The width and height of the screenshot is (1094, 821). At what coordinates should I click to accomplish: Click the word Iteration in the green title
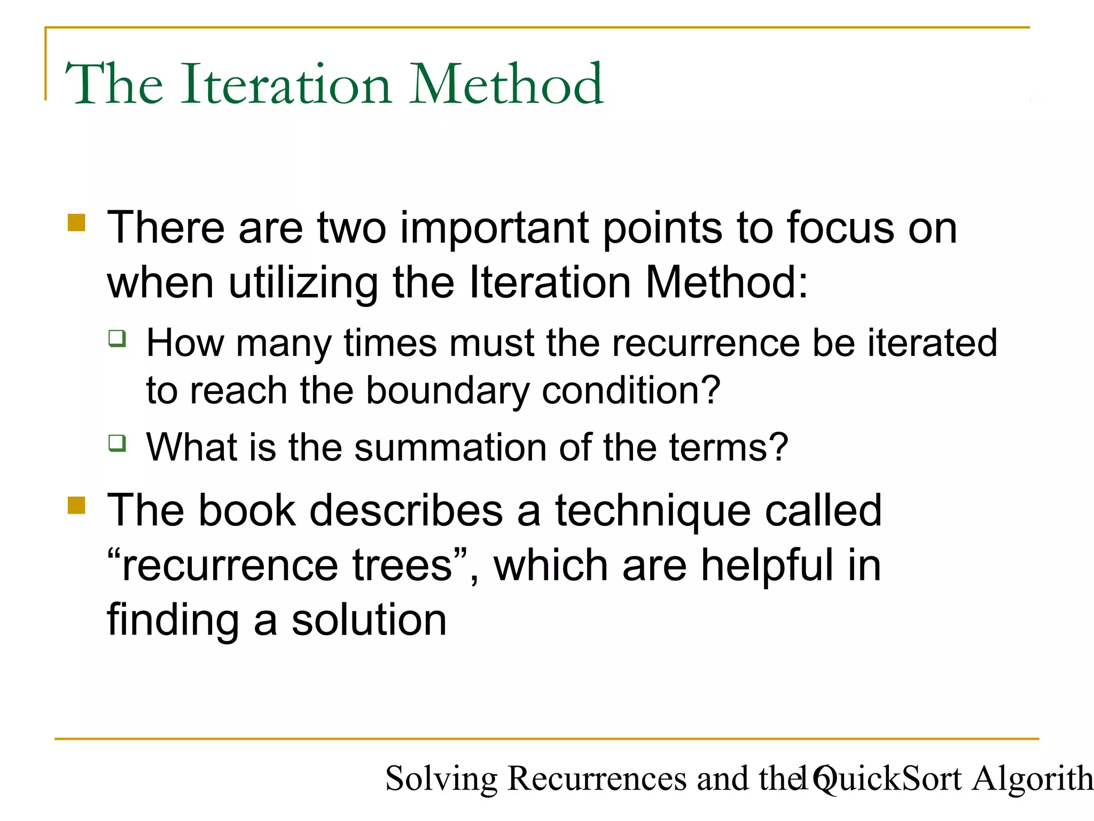(286, 84)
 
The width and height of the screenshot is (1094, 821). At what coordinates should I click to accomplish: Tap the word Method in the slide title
(506, 84)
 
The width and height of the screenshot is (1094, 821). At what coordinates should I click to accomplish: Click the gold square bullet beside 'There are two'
(77, 222)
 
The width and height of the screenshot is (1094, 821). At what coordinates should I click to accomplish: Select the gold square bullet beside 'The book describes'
(77, 505)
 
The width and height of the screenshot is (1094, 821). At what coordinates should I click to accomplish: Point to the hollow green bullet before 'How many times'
(118, 338)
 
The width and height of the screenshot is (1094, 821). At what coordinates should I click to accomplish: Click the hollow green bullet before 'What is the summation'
(118, 443)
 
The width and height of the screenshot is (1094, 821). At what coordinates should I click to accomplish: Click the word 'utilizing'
(303, 283)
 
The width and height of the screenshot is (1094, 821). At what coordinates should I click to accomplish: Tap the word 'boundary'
(447, 391)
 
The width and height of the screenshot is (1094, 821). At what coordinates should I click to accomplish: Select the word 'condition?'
(631, 391)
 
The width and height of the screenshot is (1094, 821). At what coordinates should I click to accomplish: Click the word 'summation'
(450, 447)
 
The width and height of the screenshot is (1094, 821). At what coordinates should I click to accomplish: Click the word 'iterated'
(932, 343)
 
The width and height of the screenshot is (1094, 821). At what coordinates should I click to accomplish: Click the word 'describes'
(406, 512)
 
